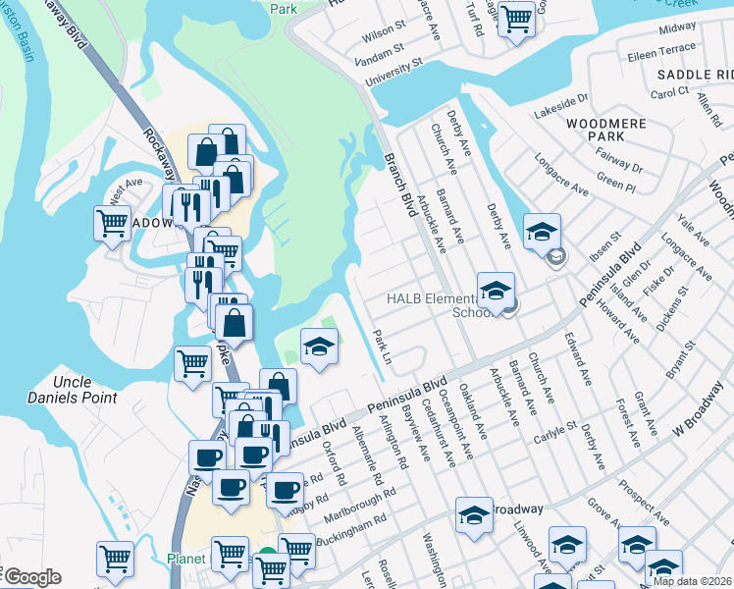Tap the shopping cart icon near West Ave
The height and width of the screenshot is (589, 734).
coord(112,223)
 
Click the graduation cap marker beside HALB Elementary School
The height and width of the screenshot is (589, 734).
coord(497,291)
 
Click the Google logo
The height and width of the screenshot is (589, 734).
coord(32,577)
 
